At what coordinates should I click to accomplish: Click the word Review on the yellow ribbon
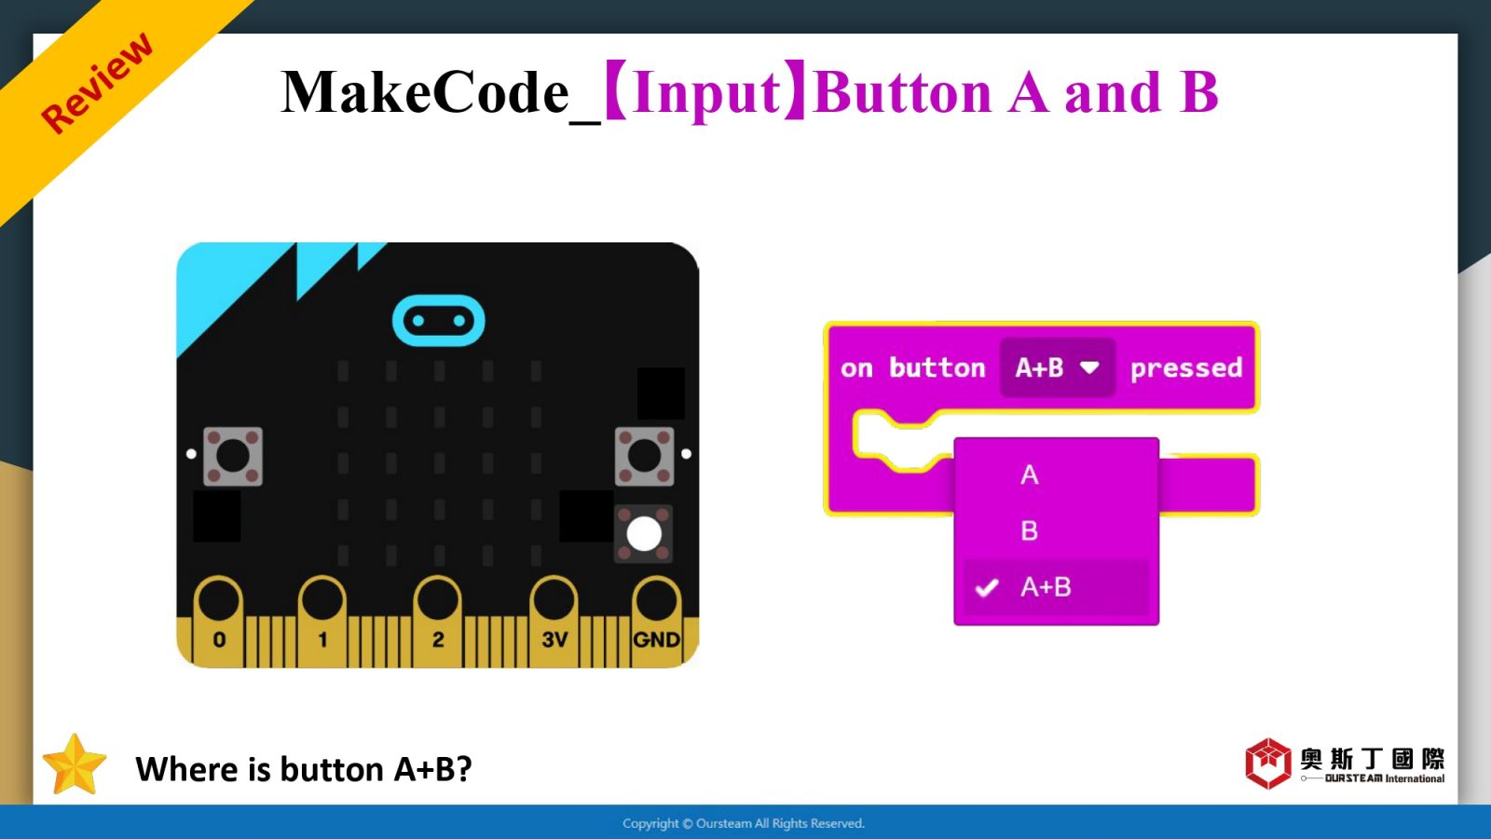coord(97,83)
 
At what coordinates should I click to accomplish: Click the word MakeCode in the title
coord(425,92)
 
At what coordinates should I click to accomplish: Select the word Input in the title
coord(707,93)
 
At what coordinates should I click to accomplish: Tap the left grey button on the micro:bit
coord(232,456)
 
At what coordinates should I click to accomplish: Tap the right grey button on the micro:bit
coord(644,456)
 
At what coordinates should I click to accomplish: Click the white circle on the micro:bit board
coord(644,534)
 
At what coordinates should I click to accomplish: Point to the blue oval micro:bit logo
coord(439,321)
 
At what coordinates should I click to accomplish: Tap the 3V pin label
coord(554,640)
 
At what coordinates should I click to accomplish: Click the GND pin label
coord(656,640)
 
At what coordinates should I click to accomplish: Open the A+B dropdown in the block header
coord(1057,367)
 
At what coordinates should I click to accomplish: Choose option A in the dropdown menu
coord(1029,475)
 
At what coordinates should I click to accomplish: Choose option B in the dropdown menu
coord(1029,530)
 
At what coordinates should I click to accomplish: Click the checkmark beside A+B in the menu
coord(987,587)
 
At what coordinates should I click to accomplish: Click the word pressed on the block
coord(1186,368)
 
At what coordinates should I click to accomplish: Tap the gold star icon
coord(74,765)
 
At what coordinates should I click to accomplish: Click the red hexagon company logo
coord(1268,763)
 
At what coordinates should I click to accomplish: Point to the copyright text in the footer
coord(744,824)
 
